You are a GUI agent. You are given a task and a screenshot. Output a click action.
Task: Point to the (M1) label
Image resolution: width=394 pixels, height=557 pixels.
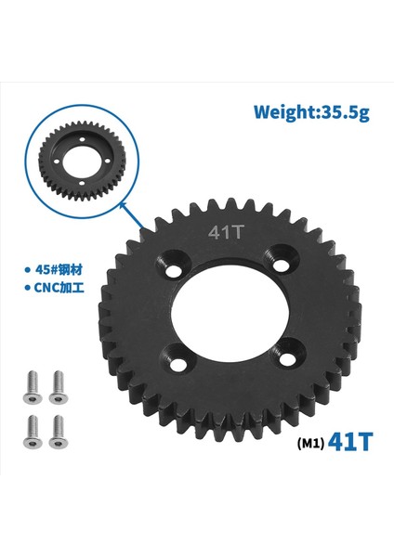click(310, 443)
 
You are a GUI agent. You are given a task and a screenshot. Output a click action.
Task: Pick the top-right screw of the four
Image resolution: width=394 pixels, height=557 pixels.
click(59, 381)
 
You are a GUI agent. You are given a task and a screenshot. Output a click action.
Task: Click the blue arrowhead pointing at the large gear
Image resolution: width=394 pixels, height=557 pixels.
click(138, 222)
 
